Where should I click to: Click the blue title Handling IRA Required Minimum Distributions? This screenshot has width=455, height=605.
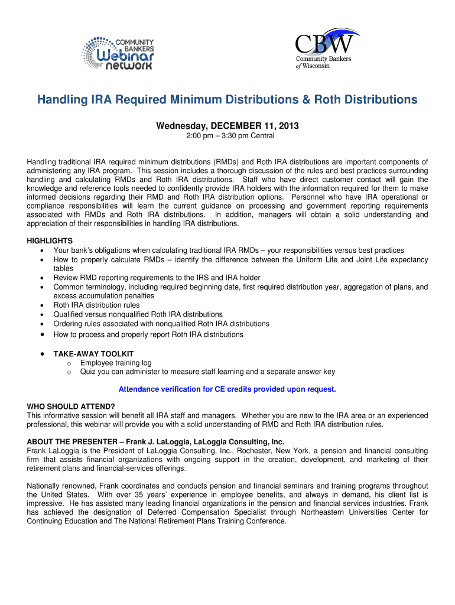(227, 100)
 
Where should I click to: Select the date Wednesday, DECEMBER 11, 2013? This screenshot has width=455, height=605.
(227, 126)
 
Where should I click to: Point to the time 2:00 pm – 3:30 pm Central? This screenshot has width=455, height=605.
(227, 136)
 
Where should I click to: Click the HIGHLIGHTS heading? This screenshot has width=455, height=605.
(50, 241)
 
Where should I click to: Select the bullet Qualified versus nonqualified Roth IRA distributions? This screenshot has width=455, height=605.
(138, 314)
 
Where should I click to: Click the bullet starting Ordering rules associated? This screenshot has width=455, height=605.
(161, 324)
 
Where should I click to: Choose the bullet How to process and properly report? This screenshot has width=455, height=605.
(148, 334)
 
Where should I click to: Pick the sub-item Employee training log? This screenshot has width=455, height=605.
(116, 362)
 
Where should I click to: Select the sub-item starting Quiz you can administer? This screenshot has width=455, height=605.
(207, 372)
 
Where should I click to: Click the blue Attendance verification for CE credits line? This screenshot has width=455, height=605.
(227, 389)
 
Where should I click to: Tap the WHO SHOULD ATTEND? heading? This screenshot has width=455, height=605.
(71, 406)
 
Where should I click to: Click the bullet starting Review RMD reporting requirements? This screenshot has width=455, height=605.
(157, 278)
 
